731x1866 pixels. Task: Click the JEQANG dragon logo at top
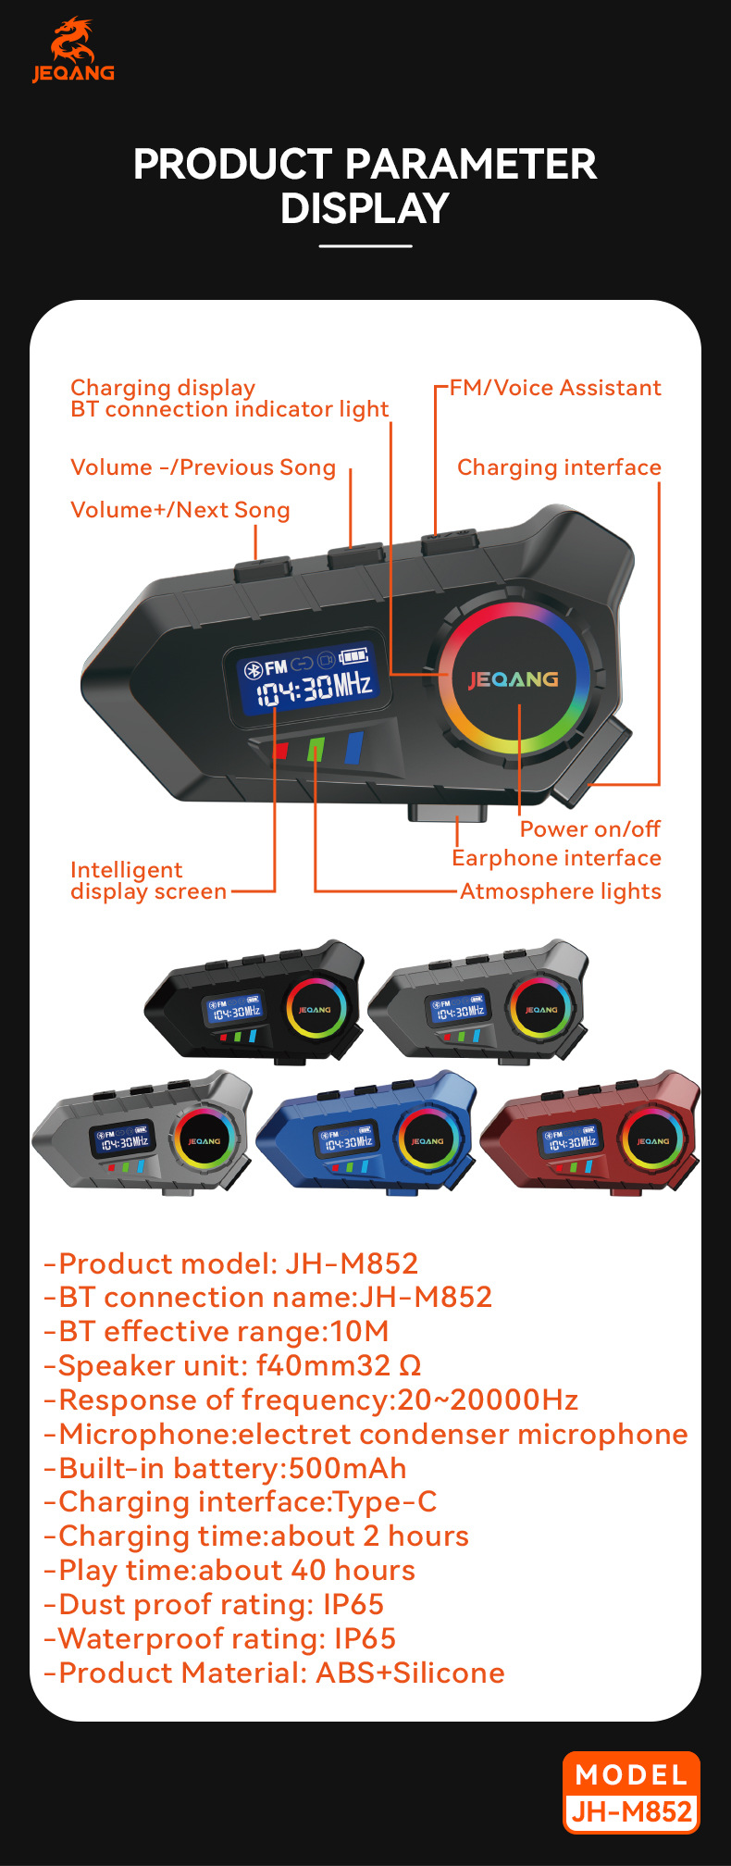click(73, 49)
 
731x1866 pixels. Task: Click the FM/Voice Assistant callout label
click(555, 388)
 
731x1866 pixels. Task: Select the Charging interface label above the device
click(559, 467)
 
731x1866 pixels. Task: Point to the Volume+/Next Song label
click(180, 510)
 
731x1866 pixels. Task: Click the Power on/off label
click(589, 828)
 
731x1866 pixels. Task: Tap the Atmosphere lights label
click(561, 891)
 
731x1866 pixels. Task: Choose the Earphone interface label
click(556, 858)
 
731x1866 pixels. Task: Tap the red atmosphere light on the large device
click(280, 751)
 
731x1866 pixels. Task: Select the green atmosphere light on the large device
click(316, 749)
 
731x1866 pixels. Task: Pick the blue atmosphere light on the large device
click(353, 747)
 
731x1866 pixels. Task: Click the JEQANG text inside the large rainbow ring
click(513, 679)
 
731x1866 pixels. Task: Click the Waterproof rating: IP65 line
click(220, 1639)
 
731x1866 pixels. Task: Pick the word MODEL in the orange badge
click(631, 1774)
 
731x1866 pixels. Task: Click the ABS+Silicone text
click(410, 1673)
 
